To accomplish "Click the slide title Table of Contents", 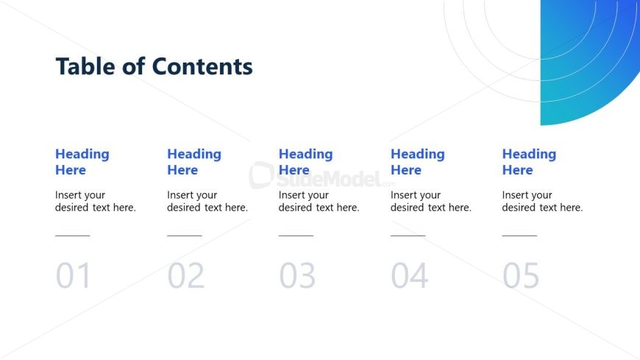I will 154,67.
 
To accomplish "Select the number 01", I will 74,276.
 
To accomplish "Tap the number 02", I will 185,276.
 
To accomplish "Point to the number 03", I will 297,276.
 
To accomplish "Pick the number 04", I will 409,276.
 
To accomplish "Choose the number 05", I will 521,276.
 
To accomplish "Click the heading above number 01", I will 82,162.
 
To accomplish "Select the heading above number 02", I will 193,162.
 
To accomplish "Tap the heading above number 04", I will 417,162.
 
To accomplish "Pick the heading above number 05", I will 529,162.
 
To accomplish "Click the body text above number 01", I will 96,201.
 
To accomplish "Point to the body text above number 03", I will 319,201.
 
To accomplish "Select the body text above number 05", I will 542,201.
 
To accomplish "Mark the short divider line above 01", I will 72,236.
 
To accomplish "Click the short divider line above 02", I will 184,236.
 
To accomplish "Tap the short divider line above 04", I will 408,236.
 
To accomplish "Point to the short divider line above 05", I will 519,236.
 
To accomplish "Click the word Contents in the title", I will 202,67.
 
